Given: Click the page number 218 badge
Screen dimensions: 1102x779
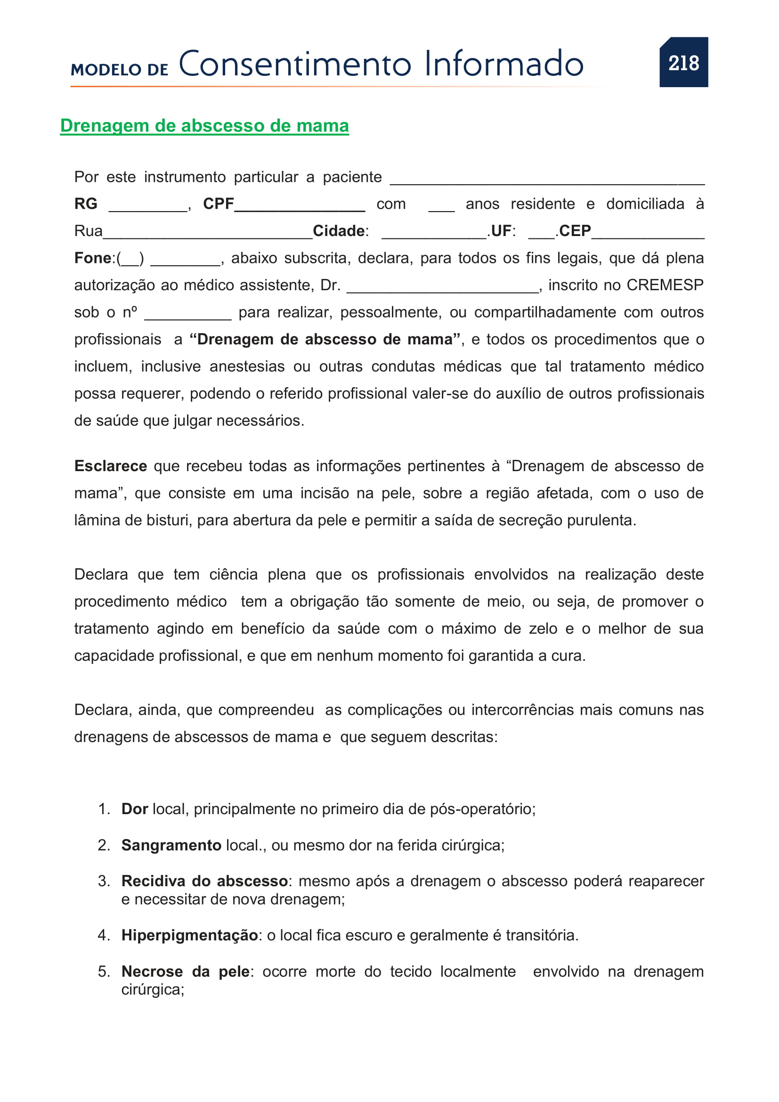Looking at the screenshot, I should click(x=683, y=62).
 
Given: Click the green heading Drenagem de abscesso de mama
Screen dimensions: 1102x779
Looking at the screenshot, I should click(x=204, y=126).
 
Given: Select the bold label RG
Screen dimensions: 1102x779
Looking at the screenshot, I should click(x=86, y=204).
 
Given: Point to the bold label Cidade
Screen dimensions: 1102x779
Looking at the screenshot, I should click(x=339, y=231).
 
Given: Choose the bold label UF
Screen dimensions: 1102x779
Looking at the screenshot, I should click(x=501, y=231).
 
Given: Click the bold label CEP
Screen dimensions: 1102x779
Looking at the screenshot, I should click(x=575, y=231).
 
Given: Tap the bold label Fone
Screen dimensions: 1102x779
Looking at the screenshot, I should click(x=93, y=258).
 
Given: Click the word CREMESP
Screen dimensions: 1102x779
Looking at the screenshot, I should click(x=665, y=285).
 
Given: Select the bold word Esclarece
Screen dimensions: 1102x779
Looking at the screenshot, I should click(x=110, y=466).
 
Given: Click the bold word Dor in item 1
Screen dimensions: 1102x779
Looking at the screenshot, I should click(x=134, y=809).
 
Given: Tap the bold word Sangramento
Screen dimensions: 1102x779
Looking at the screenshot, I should click(x=171, y=845).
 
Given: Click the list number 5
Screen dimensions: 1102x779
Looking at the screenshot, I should click(x=104, y=972).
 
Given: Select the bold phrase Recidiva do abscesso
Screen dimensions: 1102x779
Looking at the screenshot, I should click(x=204, y=881).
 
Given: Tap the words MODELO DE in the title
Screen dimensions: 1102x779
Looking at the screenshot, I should click(x=120, y=70).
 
